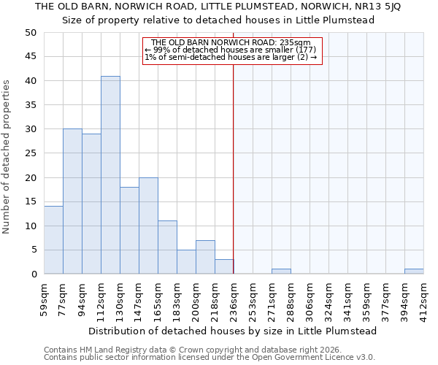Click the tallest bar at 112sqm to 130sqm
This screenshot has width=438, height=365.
pos(110,175)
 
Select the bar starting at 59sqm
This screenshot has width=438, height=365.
pos(53,240)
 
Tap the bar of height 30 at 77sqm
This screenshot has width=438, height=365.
pos(72,201)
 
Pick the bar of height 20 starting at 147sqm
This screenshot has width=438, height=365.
pos(148,226)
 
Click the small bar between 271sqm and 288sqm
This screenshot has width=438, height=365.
pos(281,272)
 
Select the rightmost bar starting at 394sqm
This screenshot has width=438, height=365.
pos(414,272)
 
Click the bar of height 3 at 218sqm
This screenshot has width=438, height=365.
pos(224,266)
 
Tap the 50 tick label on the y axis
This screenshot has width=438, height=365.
pos(30,33)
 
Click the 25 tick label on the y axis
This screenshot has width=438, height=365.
pos(30,153)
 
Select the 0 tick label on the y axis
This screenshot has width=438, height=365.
pos(34,274)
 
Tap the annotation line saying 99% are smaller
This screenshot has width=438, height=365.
pos(231,50)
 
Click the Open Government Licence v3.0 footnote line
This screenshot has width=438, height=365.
pos(210,357)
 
